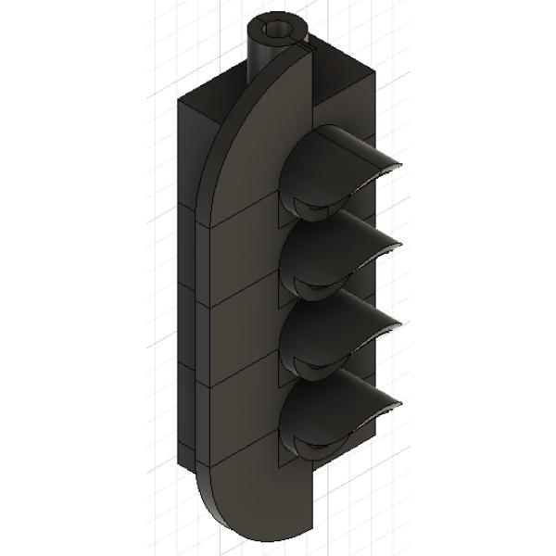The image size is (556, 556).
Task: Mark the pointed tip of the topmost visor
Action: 402,163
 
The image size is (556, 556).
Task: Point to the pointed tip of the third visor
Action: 402,323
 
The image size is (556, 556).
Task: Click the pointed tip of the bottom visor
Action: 402,403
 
